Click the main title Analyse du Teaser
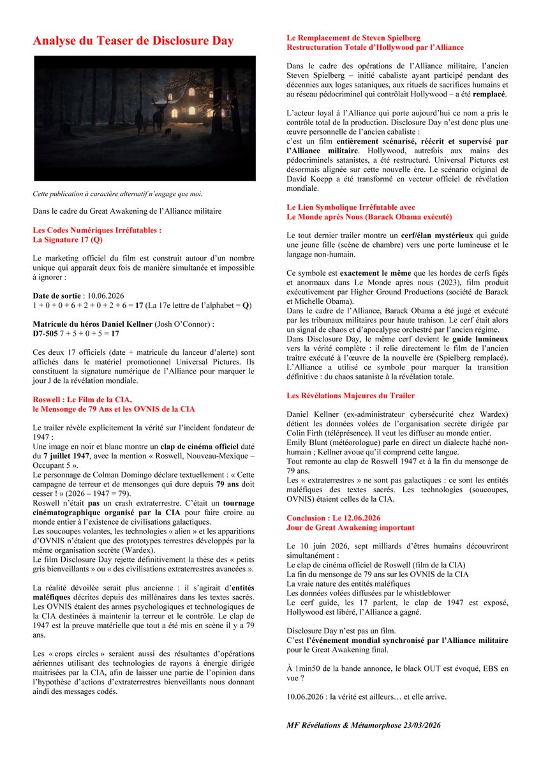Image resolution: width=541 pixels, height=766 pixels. point(133,41)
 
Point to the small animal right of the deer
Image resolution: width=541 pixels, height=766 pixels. point(168,132)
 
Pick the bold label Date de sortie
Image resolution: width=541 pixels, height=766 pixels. point(57,297)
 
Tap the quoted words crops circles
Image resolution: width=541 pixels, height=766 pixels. point(73,655)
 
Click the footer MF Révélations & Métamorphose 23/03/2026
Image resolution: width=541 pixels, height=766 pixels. point(364,726)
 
